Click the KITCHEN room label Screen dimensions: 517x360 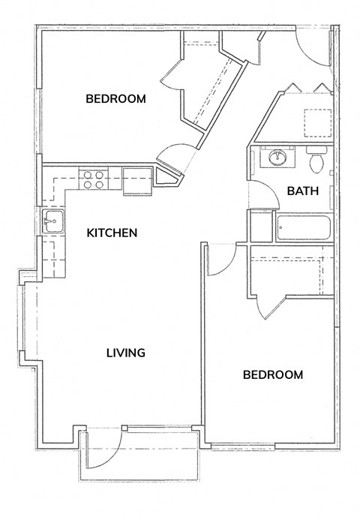tap(112, 233)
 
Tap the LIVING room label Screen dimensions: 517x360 tap(125, 352)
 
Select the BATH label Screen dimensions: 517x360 tap(303, 191)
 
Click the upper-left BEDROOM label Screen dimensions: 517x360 tap(115, 99)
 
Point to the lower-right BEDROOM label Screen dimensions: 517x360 tap(273, 374)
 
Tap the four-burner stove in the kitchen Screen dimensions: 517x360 tap(94, 179)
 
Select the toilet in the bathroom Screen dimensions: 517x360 tap(315, 160)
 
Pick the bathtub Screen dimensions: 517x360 tap(303, 227)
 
